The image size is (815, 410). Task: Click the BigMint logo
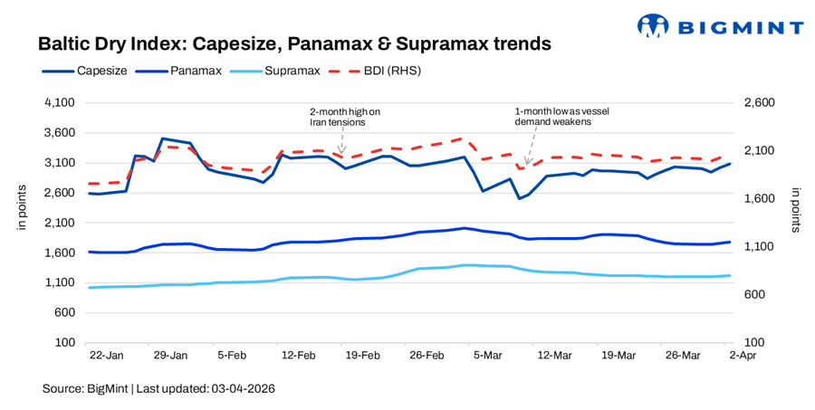click(x=720, y=26)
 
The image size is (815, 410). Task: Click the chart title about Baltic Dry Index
click(x=294, y=43)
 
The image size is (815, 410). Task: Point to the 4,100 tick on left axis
click(x=58, y=103)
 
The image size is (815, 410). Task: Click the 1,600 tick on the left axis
click(x=58, y=253)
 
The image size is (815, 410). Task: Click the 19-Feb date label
click(x=363, y=356)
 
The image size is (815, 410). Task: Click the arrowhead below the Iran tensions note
click(x=340, y=150)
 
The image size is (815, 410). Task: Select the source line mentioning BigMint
click(x=158, y=388)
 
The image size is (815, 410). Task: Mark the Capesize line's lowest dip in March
click(x=519, y=198)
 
